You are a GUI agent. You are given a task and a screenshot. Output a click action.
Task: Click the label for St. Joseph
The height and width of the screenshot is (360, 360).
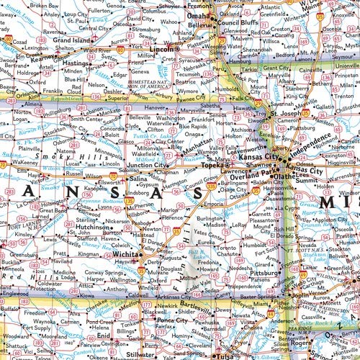pos(284,112)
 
